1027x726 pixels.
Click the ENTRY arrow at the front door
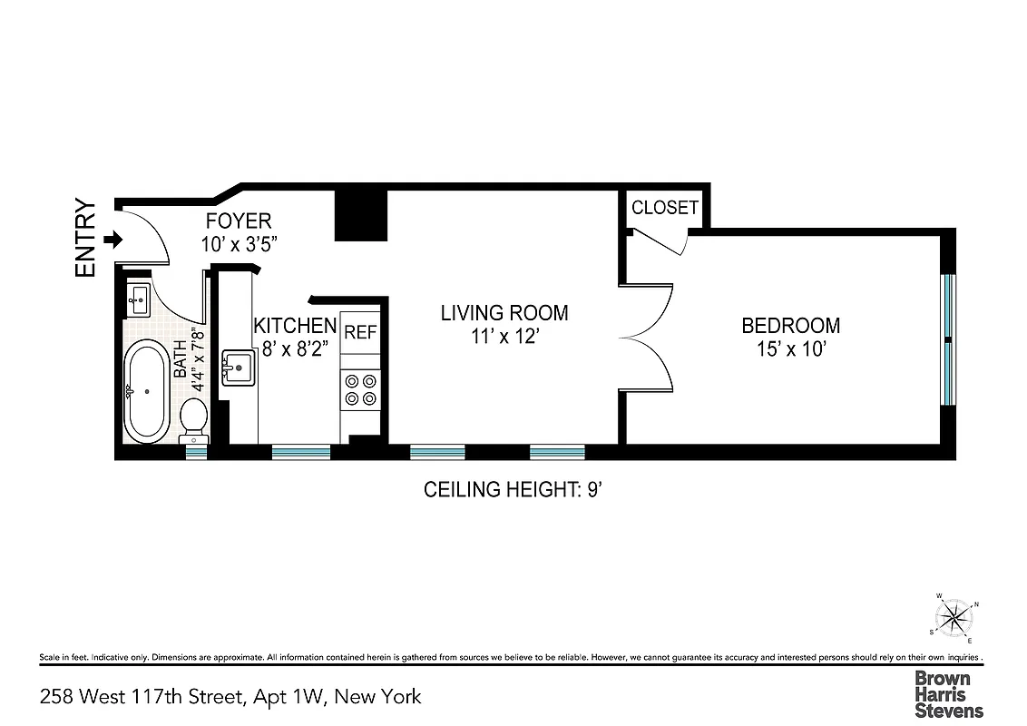click(113, 240)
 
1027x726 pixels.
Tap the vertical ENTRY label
click(86, 238)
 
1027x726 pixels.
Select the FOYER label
click(238, 221)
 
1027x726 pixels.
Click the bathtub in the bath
click(146, 391)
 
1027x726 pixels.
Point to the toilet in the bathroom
click(194, 419)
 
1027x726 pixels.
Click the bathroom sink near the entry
click(139, 297)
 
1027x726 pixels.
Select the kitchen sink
click(240, 368)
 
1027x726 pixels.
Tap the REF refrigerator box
click(360, 333)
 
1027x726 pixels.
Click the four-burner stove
click(360, 389)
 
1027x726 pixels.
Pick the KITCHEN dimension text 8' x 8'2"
click(295, 347)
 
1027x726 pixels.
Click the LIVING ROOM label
click(504, 313)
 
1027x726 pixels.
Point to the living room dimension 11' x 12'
click(504, 336)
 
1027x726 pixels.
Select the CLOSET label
click(665, 208)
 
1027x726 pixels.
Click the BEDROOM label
click(790, 325)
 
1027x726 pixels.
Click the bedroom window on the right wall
click(948, 339)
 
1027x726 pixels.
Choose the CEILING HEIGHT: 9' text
click(513, 490)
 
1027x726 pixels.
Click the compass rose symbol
click(954, 619)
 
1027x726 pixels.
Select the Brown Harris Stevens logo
click(948, 694)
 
